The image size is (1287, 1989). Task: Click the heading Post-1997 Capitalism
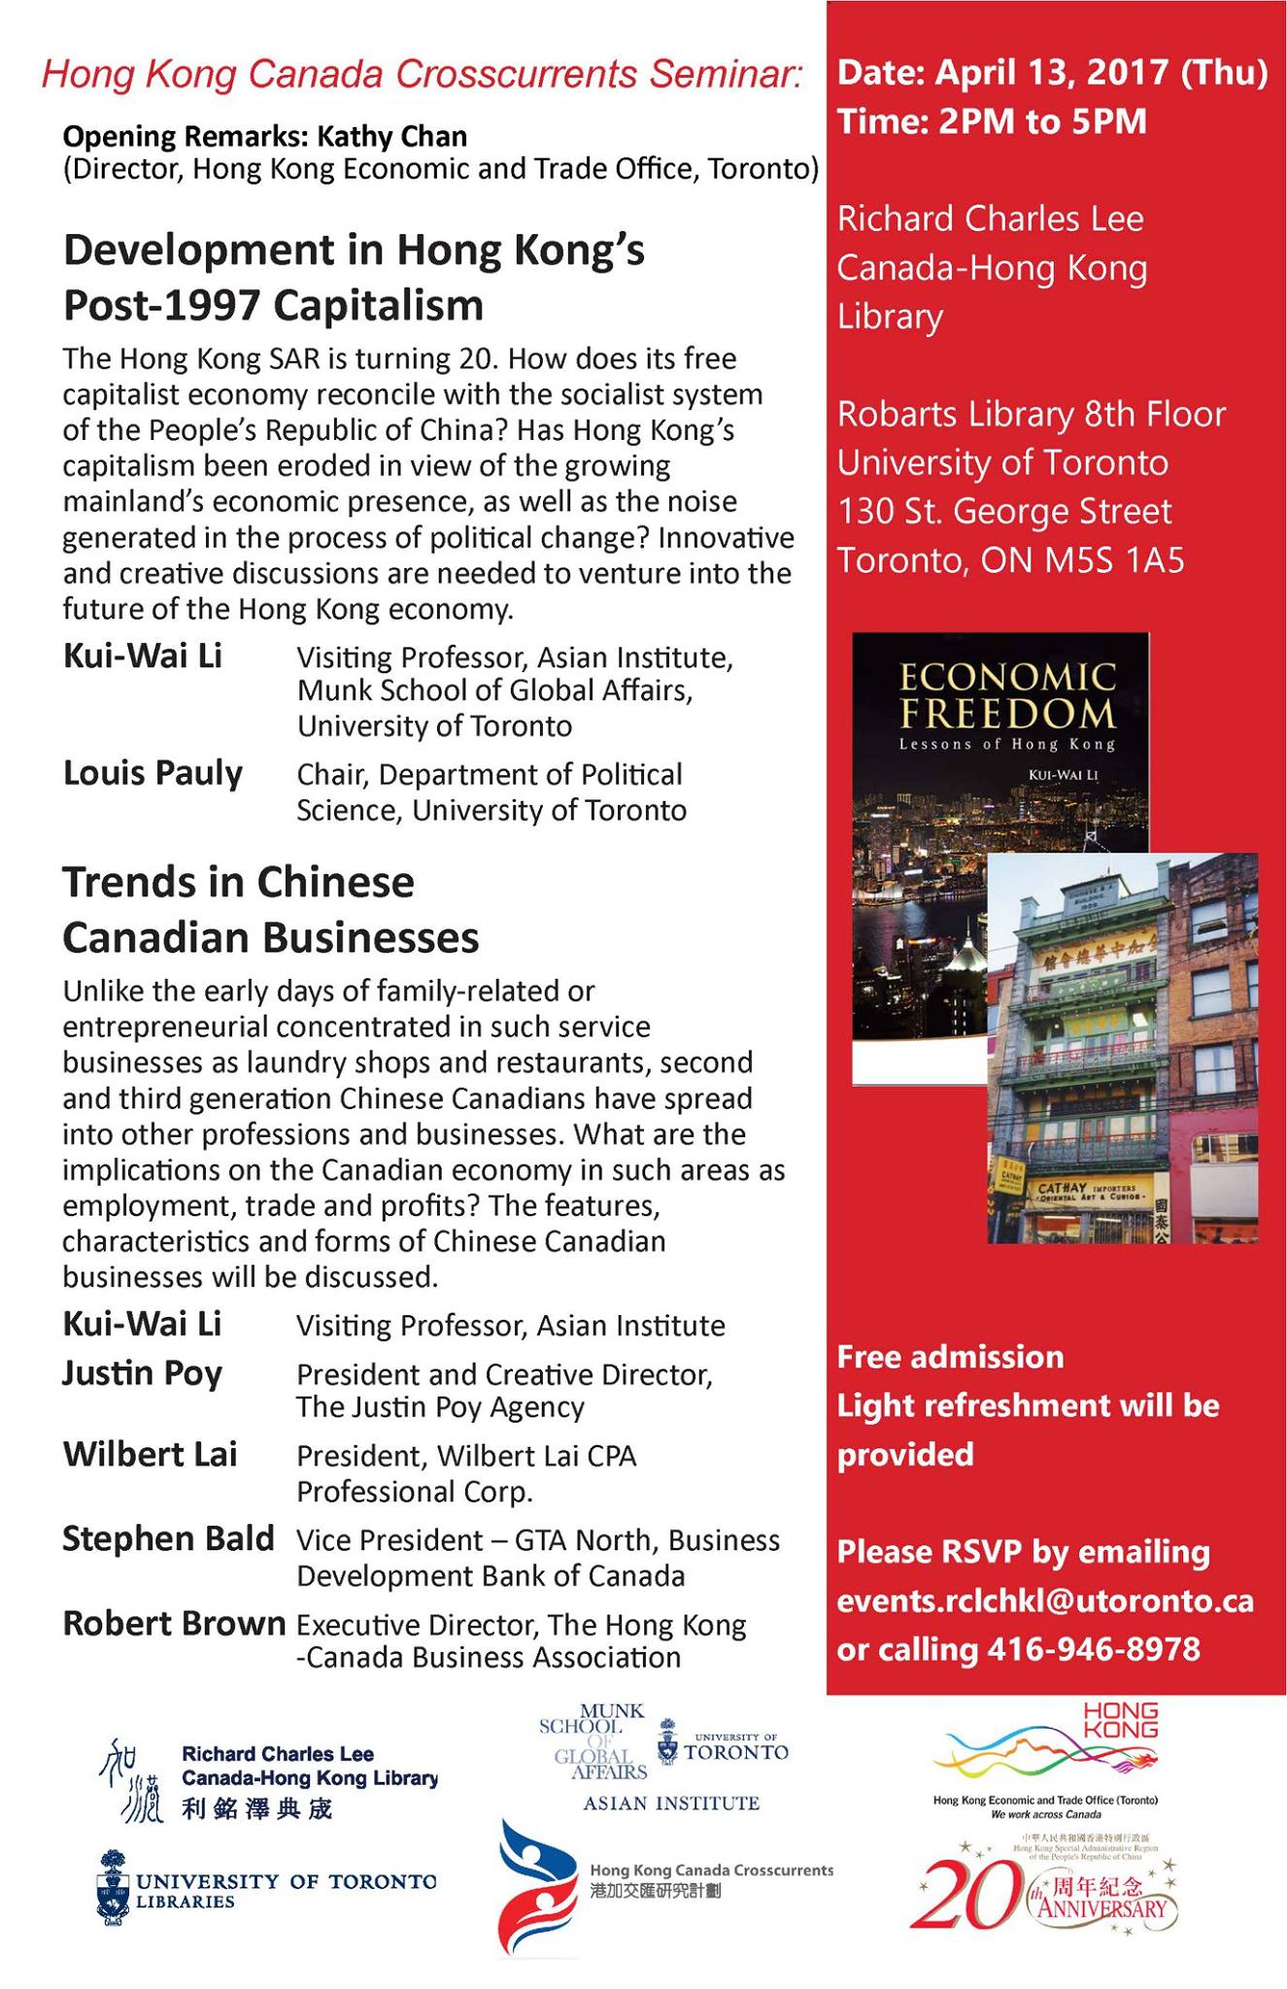coord(273,306)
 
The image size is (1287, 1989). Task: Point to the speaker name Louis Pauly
coord(152,774)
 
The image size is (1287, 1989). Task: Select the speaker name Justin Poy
coord(142,1373)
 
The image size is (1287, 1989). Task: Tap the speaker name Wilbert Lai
coord(150,1455)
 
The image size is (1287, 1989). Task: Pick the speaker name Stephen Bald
coord(168,1539)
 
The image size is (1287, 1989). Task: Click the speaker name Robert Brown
coord(174,1624)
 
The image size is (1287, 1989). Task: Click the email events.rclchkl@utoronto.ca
coord(1045,1601)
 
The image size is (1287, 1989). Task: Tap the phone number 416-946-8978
coord(1094,1649)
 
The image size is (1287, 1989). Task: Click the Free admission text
coord(950,1357)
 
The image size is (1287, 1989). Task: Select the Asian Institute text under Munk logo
coord(670,1804)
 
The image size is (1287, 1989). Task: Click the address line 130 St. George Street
coord(1004,512)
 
